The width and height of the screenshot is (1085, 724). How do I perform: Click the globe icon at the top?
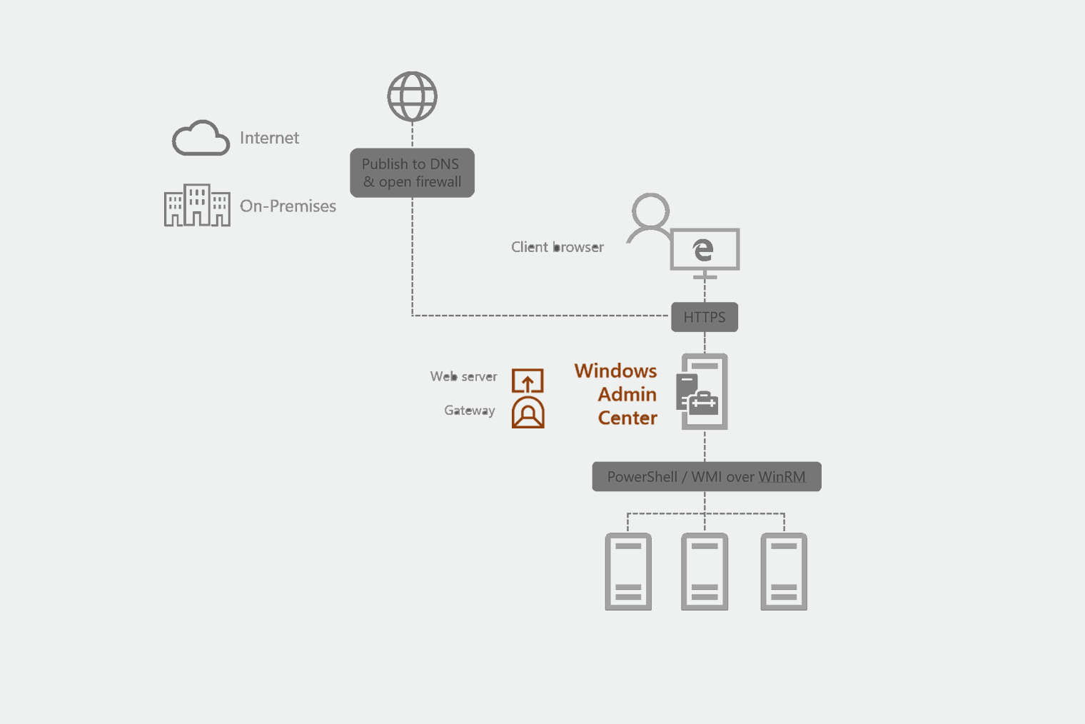412,96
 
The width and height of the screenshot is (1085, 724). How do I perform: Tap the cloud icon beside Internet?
201,138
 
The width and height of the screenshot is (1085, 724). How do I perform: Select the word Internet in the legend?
269,138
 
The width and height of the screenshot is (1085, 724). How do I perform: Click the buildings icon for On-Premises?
197,206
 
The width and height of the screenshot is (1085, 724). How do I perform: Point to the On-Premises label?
288,206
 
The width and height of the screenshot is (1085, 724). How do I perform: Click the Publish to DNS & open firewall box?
412,173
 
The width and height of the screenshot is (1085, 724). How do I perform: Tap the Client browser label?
557,247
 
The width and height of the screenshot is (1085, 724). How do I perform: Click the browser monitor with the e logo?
705,250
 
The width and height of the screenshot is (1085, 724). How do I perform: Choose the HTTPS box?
705,317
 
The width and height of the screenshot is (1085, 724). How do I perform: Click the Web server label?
463,376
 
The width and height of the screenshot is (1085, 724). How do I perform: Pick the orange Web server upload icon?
528,381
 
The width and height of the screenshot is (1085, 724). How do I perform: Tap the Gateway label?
469,411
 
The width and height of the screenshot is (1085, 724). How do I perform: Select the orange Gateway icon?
528,413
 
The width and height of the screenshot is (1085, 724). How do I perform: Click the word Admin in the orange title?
627,394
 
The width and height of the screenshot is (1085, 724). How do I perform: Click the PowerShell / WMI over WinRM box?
706,477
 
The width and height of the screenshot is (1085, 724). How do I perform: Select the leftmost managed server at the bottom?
628,571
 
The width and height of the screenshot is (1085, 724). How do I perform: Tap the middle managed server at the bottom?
705,571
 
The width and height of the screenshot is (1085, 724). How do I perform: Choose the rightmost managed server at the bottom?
784,571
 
